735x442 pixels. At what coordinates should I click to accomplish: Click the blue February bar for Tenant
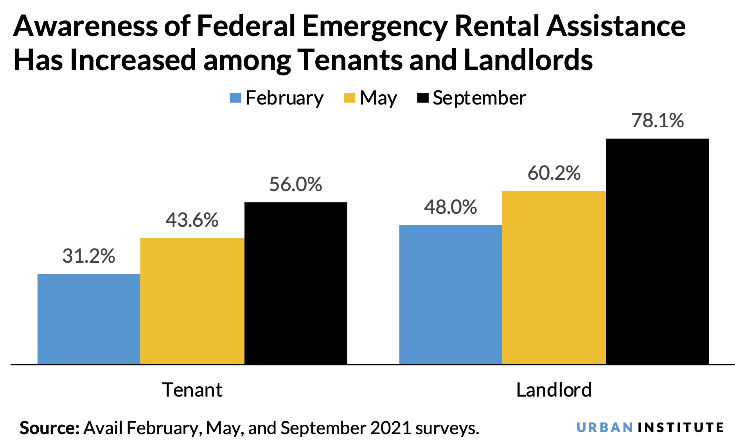pyautogui.click(x=88, y=319)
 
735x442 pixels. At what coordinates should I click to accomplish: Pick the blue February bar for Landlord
pyautogui.click(x=450, y=294)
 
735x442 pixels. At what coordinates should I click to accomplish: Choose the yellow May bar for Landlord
pyautogui.click(x=554, y=277)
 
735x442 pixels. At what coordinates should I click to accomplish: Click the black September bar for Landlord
pyautogui.click(x=658, y=251)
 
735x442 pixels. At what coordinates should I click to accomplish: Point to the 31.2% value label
pyautogui.click(x=89, y=256)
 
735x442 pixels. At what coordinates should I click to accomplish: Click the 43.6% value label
pyautogui.click(x=192, y=220)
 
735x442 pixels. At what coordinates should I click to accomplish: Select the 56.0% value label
pyautogui.click(x=296, y=184)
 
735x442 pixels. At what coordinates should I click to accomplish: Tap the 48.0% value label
pyautogui.click(x=451, y=207)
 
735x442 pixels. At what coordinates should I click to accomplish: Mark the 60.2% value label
pyautogui.click(x=554, y=173)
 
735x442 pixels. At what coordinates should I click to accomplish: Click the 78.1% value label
pyautogui.click(x=658, y=121)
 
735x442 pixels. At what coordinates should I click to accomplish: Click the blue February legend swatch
pyautogui.click(x=235, y=98)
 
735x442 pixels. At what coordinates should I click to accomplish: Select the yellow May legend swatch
pyautogui.click(x=349, y=98)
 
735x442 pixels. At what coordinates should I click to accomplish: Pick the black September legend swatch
pyautogui.click(x=423, y=98)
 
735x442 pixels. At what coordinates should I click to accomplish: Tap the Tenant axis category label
pyautogui.click(x=192, y=390)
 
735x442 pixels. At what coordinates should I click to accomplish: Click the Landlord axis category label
pyautogui.click(x=554, y=390)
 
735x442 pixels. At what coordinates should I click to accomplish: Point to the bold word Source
pyautogui.click(x=49, y=428)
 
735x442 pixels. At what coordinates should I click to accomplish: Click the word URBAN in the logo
pyautogui.click(x=605, y=428)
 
